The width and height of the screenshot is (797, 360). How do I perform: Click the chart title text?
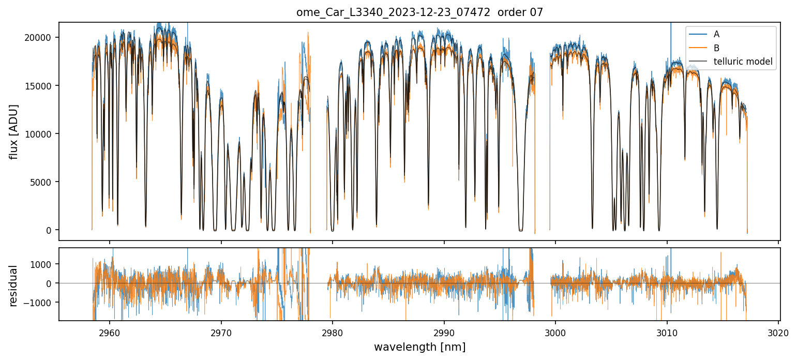click(x=419, y=12)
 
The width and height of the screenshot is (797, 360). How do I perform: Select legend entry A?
click(x=716, y=34)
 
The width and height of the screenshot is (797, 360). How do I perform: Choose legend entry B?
click(x=716, y=48)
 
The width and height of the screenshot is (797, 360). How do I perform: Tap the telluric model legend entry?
click(x=743, y=62)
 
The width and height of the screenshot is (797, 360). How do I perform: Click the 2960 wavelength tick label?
click(x=109, y=333)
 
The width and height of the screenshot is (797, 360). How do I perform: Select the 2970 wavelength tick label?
click(x=221, y=333)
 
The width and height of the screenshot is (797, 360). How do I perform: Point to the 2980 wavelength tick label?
click(x=333, y=333)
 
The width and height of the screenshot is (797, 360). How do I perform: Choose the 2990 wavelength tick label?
click(x=444, y=333)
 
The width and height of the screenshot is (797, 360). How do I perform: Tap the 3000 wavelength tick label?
click(x=555, y=333)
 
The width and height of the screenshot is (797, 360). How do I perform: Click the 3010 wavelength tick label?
click(x=667, y=333)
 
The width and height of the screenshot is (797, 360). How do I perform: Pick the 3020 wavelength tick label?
click(x=778, y=333)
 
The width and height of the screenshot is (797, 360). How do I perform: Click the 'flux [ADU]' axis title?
click(x=14, y=131)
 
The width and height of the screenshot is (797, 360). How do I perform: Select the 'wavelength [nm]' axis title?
click(x=419, y=347)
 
